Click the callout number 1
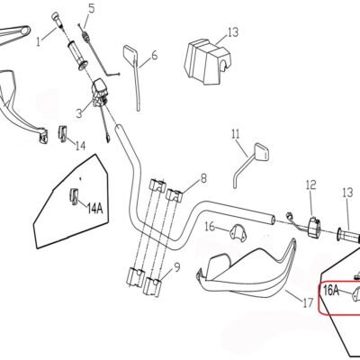coord(38,41)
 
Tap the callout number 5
coord(91,8)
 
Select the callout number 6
coord(154,55)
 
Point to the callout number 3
coord(79,113)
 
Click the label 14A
coord(94,208)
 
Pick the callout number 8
coord(203,178)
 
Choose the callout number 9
coord(177,266)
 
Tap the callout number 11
coord(236,134)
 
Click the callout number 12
coord(311,184)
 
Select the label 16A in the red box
coord(331,291)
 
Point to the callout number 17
coord(308,303)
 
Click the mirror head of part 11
coord(262,152)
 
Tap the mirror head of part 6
coord(130,54)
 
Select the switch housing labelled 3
coord(99,92)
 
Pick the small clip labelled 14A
coord(74,197)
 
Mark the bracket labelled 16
coord(237,231)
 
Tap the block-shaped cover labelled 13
coord(207,62)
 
